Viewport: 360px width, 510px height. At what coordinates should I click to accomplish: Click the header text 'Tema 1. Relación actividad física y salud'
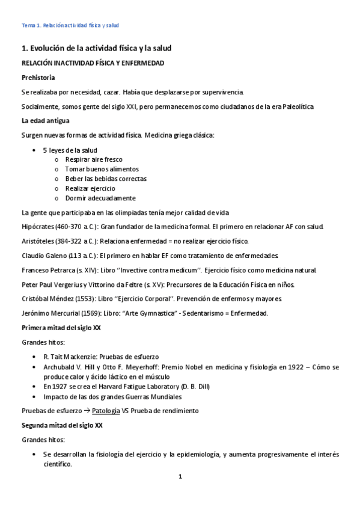point(70,25)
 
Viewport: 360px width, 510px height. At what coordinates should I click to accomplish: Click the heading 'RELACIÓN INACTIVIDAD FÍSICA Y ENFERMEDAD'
point(93,63)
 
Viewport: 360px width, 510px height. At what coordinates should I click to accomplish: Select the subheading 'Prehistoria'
point(38,78)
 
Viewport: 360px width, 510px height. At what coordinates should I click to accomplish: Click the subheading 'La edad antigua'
point(45,120)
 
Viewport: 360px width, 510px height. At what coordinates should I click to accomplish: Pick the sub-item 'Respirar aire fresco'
point(94,159)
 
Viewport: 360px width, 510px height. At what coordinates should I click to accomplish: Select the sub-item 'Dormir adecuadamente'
point(100,198)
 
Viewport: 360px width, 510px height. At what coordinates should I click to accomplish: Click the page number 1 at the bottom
point(180,477)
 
